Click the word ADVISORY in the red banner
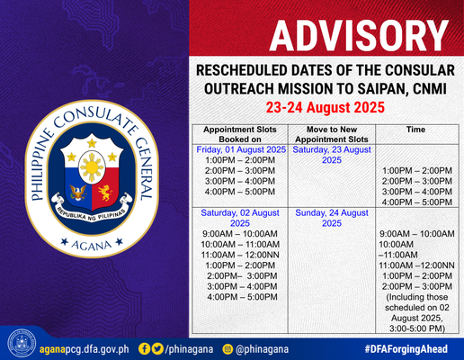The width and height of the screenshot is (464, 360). click(359, 36)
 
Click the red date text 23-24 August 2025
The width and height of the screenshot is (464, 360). click(326, 107)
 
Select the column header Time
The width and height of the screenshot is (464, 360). click(415, 130)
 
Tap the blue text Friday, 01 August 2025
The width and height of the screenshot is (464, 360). click(241, 149)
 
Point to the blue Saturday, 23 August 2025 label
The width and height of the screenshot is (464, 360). click(332, 155)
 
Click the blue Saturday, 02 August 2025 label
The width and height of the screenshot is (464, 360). click(240, 218)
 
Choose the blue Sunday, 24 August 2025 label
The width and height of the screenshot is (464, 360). click(332, 218)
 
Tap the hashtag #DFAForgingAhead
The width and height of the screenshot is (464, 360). click(406, 349)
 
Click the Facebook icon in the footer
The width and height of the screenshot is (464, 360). click(144, 349)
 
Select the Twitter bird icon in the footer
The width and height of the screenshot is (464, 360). click(157, 349)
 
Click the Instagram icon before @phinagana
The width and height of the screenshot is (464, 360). click(228, 349)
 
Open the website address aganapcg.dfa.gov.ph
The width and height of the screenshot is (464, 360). click(85, 349)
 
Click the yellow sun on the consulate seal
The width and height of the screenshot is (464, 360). click(92, 166)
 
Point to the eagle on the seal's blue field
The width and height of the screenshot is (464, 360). click(77, 193)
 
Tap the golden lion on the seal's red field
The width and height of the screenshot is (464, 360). click(105, 193)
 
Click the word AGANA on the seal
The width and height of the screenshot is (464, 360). click(92, 246)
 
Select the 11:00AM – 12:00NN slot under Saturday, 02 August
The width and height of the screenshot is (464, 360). click(240, 255)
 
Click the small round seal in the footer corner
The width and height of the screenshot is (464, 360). click(22, 344)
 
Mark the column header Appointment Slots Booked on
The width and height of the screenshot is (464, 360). click(240, 134)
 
